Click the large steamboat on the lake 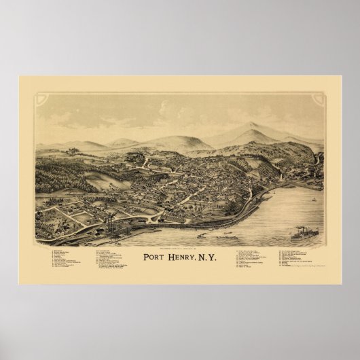pyautogui.click(x=303, y=235)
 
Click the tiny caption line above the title pyautogui.click(x=179, y=248)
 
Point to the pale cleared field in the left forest pyautogui.click(x=98, y=179)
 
